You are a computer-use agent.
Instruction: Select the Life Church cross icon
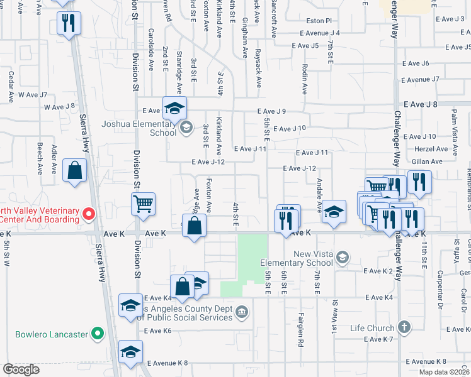point(404,327)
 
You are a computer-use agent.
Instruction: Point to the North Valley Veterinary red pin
point(89,215)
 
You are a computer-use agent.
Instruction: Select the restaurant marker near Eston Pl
point(67,23)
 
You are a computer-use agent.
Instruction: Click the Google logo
point(21,369)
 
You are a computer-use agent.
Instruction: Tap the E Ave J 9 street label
point(272,111)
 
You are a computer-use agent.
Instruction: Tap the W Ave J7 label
point(32,95)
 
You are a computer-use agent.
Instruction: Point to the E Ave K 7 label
point(378,339)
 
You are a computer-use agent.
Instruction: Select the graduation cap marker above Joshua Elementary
point(174,107)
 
